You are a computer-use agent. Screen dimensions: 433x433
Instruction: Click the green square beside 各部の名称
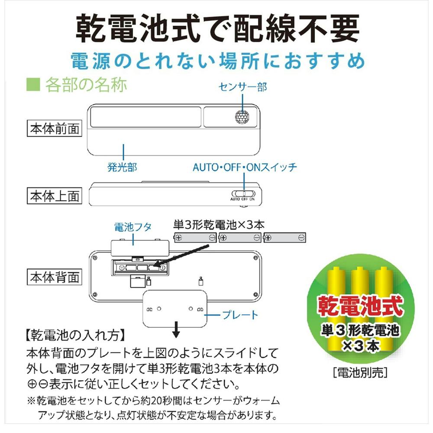click(x=33, y=84)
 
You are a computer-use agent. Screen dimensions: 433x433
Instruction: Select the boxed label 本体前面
click(x=55, y=129)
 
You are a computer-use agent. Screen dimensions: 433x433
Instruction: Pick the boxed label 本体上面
click(x=55, y=196)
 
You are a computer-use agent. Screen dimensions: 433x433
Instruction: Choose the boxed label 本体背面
click(x=55, y=277)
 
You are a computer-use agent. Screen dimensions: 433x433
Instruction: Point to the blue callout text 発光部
click(x=122, y=167)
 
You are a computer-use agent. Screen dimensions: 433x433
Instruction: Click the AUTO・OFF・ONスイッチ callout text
click(x=245, y=167)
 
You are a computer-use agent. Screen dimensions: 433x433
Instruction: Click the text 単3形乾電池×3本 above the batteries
click(x=218, y=225)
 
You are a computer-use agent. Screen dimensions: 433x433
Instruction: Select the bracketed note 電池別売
click(x=360, y=372)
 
